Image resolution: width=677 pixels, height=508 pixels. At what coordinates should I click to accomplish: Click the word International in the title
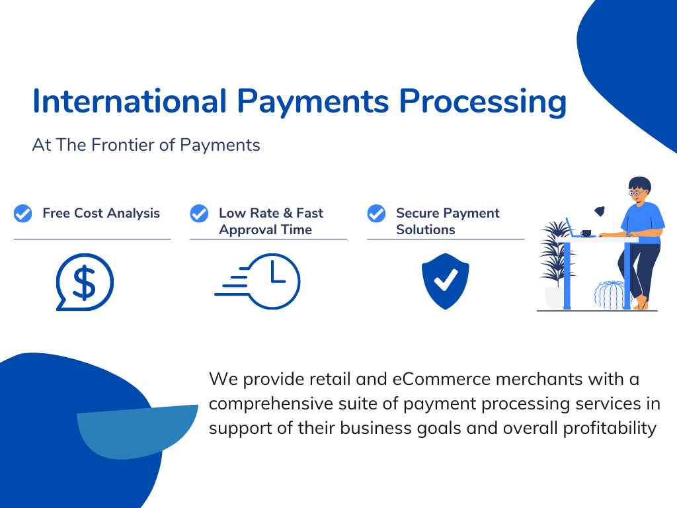click(x=130, y=101)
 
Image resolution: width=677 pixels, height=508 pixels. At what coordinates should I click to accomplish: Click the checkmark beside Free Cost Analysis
click(x=23, y=214)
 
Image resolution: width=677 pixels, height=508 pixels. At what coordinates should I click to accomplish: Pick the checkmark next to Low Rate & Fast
click(x=199, y=214)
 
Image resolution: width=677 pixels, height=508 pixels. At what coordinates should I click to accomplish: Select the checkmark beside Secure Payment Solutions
click(x=376, y=214)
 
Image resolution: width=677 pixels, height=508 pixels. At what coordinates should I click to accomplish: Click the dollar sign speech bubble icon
click(x=85, y=282)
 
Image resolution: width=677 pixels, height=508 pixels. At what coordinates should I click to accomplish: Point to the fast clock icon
click(x=257, y=281)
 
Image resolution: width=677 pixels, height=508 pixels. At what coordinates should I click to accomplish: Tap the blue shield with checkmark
click(x=445, y=281)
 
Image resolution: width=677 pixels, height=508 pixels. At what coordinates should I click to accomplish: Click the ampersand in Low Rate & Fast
click(x=288, y=213)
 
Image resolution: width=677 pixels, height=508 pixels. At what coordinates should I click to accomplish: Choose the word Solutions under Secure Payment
click(x=426, y=230)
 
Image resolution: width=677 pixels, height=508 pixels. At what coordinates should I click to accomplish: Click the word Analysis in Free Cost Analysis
click(x=134, y=214)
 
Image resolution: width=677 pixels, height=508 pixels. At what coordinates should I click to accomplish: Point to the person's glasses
click(x=637, y=192)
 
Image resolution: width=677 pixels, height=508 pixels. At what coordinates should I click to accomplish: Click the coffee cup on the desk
click(x=586, y=233)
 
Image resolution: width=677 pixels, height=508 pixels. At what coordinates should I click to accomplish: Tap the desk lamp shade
click(x=600, y=211)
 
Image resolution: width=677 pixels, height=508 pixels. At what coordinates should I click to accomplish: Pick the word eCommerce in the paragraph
click(x=441, y=379)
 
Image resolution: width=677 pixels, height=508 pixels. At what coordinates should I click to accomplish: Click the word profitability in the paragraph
click(x=610, y=429)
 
